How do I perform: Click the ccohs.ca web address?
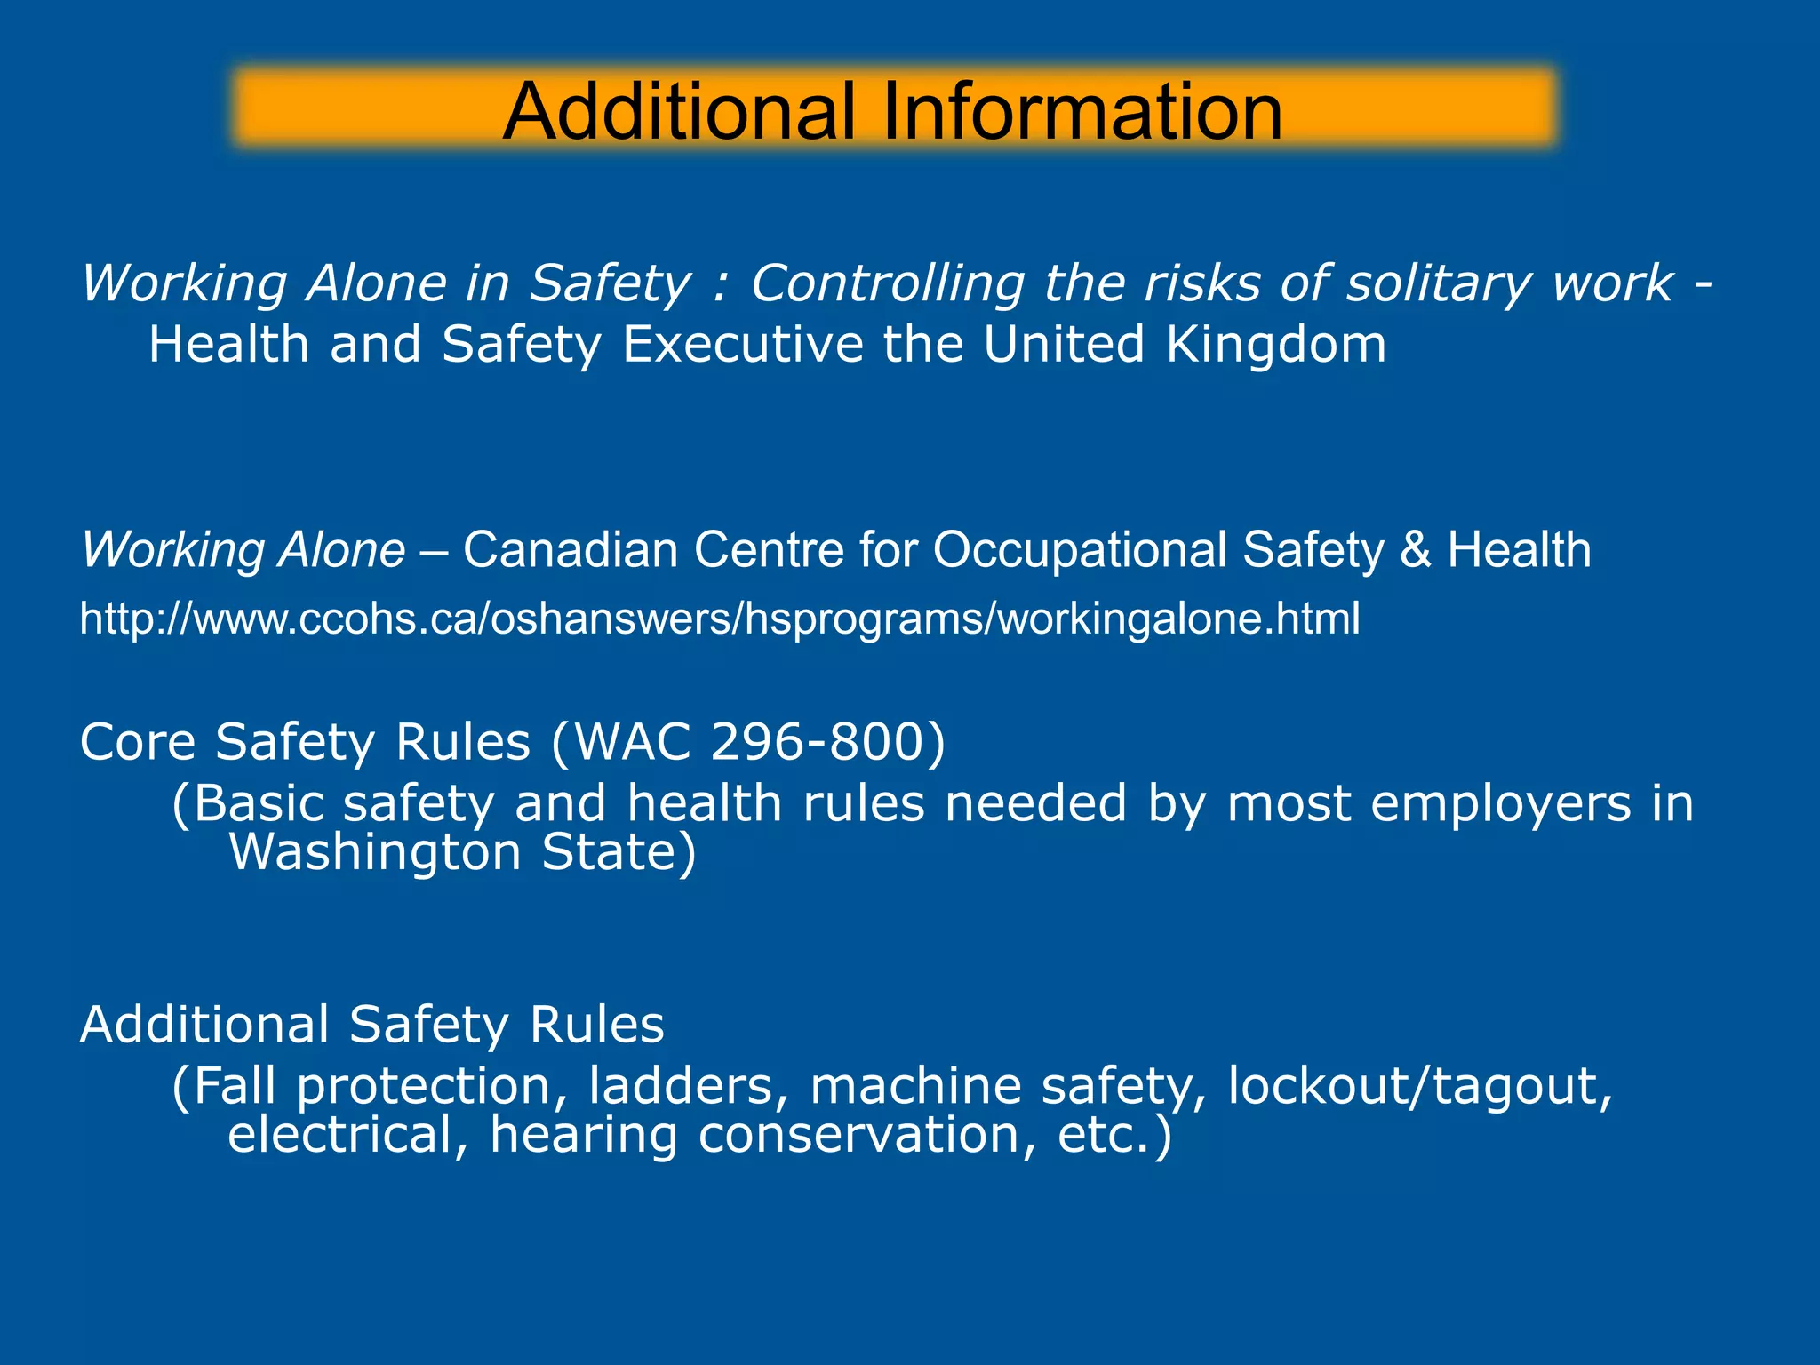[719, 619]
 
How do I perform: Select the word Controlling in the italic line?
[887, 284]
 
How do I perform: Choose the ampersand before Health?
[1416, 549]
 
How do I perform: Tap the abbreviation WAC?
[633, 741]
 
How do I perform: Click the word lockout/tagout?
[1419, 1086]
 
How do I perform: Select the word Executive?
[742, 345]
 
